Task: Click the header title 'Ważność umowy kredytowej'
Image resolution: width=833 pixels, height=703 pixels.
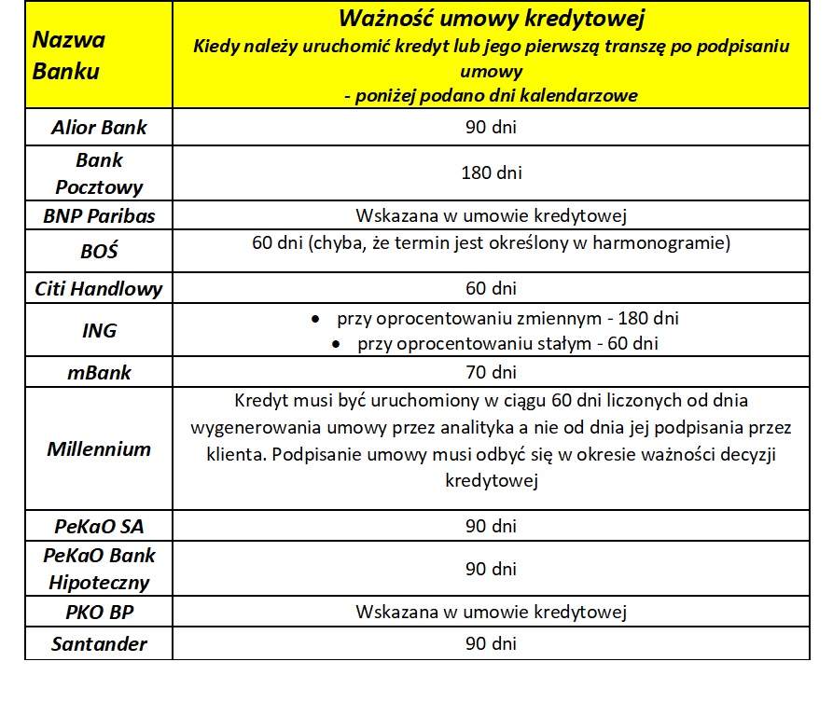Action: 491,19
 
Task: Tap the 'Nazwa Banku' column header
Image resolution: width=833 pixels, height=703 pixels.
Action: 69,55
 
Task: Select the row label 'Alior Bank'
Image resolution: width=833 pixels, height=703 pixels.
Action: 99,126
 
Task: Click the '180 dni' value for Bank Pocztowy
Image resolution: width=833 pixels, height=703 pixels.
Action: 491,172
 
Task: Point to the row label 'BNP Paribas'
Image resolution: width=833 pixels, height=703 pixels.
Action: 99,216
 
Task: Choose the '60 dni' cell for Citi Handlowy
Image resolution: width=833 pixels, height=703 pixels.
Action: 491,289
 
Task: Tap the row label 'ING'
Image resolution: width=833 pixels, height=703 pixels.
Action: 99,331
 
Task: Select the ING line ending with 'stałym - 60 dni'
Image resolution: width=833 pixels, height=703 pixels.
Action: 507,344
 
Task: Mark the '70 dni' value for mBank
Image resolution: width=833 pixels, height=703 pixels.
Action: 491,373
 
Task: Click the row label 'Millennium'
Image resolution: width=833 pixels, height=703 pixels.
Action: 99,448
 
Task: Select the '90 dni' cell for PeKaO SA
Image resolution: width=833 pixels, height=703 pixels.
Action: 491,525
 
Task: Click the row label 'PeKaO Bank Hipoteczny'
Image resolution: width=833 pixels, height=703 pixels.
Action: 99,569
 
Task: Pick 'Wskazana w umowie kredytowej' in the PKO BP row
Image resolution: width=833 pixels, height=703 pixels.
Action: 491,613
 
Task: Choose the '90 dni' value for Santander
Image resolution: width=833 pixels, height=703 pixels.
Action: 491,643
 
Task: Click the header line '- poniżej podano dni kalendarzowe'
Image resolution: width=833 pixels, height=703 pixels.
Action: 491,95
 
